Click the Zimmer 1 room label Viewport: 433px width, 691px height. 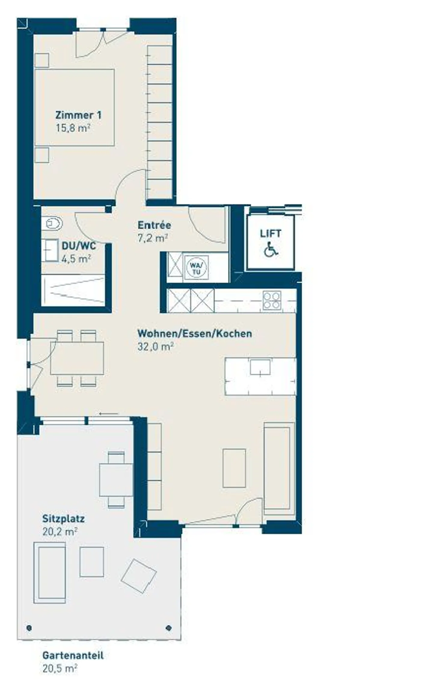[x=78, y=115]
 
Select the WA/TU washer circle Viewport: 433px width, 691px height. [x=197, y=267]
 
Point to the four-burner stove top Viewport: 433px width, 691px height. [x=272, y=300]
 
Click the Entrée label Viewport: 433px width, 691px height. [x=154, y=225]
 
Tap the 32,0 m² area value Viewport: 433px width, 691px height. [x=155, y=346]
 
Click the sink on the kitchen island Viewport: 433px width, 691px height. [x=260, y=367]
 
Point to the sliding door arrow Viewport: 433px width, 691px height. [x=109, y=414]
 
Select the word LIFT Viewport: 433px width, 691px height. [x=271, y=233]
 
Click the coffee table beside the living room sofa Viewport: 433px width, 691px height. [x=234, y=468]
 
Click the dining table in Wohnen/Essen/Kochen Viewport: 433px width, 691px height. [x=77, y=358]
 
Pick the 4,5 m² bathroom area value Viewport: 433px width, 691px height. [x=76, y=258]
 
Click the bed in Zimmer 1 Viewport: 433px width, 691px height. [x=75, y=108]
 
